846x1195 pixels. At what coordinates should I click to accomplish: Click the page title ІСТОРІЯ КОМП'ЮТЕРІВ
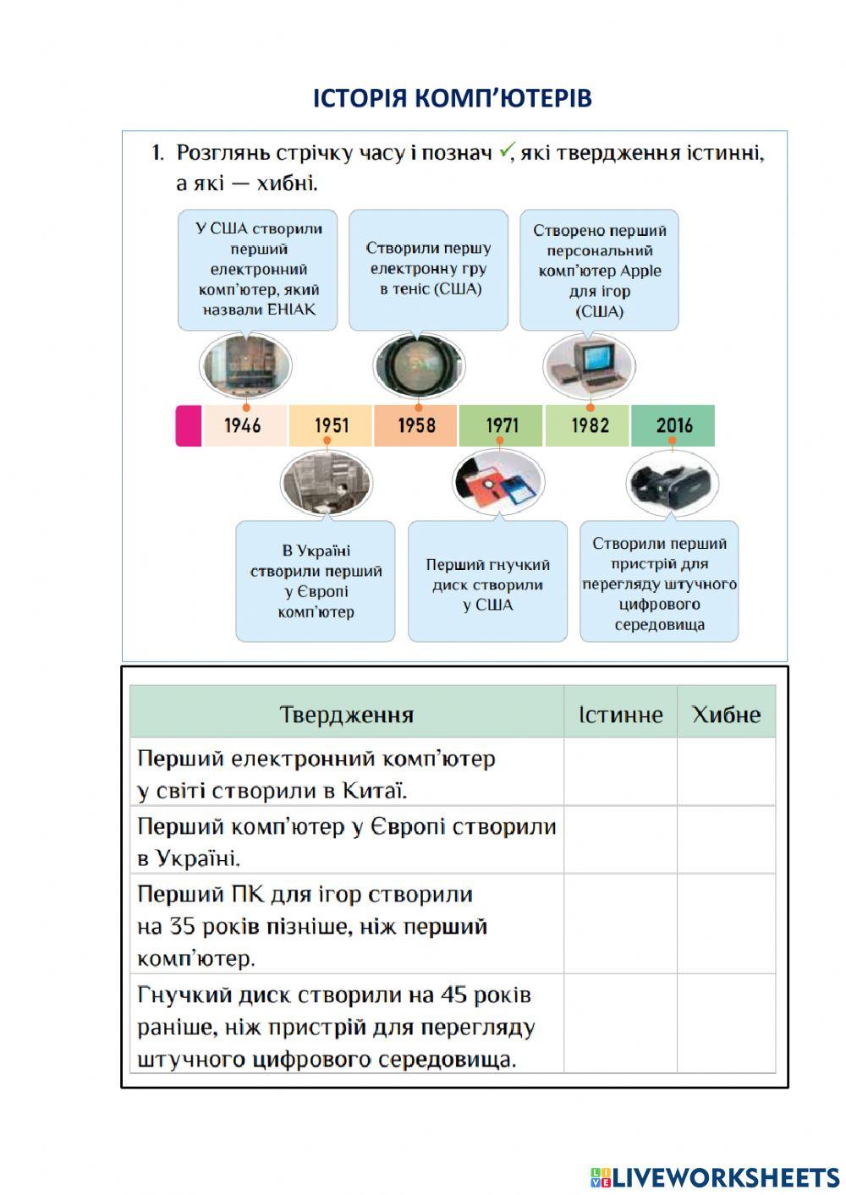(453, 98)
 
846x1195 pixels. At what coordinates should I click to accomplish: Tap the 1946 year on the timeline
(243, 425)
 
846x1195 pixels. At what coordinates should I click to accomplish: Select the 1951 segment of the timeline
(331, 425)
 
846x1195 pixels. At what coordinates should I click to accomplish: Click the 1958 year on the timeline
(416, 425)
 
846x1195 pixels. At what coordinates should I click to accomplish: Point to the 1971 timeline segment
(502, 425)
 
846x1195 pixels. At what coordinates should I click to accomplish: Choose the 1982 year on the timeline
(589, 425)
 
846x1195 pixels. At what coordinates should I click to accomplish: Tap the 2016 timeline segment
(674, 425)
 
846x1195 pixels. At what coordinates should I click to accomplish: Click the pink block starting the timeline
(189, 425)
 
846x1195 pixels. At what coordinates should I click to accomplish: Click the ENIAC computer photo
(245, 366)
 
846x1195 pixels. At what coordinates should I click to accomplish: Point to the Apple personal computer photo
(589, 366)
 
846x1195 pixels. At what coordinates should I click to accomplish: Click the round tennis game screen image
(419, 365)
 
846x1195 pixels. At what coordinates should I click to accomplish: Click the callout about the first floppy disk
(487, 584)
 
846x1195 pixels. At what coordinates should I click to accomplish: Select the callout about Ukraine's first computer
(316, 582)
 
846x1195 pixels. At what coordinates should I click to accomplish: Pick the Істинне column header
(620, 715)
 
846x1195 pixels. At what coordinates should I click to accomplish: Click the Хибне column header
(726, 715)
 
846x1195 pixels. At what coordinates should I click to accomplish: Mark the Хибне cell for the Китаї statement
(726, 772)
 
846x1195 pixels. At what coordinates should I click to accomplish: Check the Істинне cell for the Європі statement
(620, 840)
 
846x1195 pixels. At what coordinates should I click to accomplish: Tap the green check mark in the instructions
(506, 151)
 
